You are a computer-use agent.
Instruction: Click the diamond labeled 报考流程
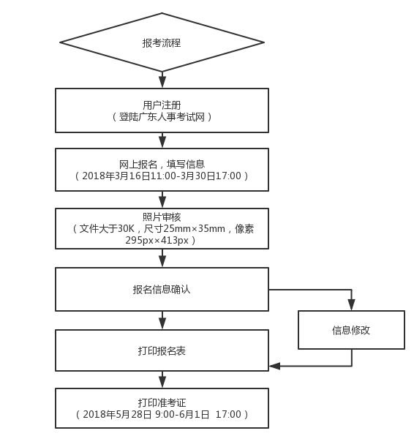tap(162, 42)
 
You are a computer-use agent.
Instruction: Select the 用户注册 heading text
tap(162, 105)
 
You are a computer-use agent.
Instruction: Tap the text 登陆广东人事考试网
tap(162, 117)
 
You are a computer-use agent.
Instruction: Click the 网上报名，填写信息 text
tap(162, 164)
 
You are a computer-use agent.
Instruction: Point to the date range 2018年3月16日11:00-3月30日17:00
tap(162, 176)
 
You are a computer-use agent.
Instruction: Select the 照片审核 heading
tap(162, 217)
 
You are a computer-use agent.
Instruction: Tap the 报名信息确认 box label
tap(162, 289)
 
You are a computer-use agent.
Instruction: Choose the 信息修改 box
tap(351, 329)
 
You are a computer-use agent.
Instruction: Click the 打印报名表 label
tap(162, 350)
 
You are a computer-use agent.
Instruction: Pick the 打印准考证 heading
tap(162, 402)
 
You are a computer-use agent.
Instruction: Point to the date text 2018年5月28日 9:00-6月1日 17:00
tap(162, 415)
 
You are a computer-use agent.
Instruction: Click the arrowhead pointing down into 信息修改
tap(351, 304)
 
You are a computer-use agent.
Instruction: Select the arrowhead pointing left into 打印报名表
tap(275, 365)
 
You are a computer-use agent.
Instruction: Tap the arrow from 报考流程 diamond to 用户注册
tap(162, 80)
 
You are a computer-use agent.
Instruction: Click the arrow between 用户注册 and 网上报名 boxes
tap(162, 140)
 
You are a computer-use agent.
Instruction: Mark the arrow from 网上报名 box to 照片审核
tap(162, 200)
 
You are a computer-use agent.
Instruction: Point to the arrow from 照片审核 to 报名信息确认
tap(162, 260)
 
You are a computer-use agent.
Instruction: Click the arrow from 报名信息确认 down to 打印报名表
tap(162, 320)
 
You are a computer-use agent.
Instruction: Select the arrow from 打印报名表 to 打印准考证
tap(162, 380)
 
